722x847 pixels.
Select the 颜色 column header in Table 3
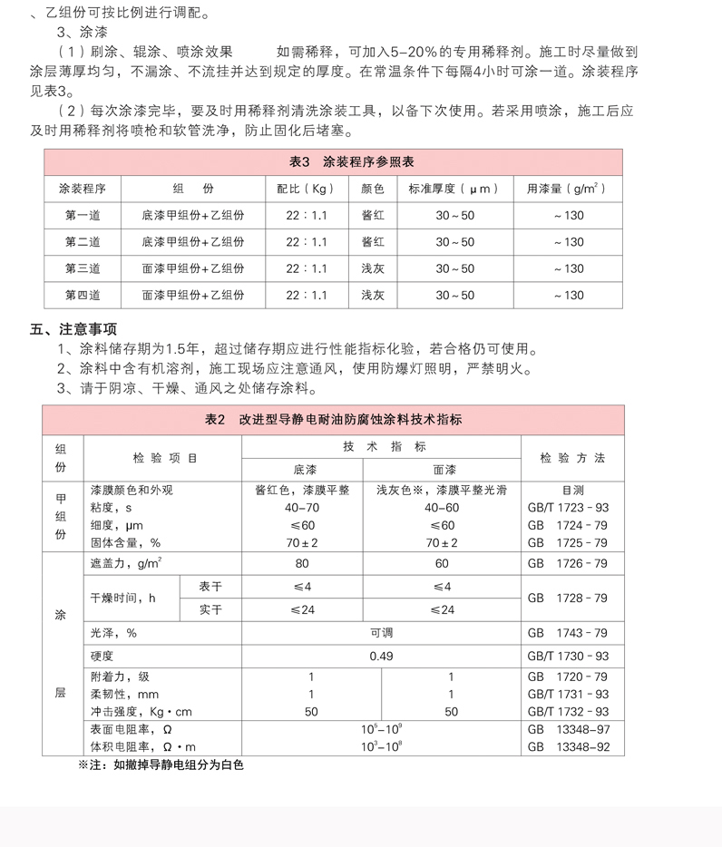pyautogui.click(x=373, y=190)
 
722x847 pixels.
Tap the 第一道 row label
pyautogui.click(x=83, y=216)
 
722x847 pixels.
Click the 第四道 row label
pyautogui.click(x=83, y=295)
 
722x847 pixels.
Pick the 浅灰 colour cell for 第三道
pyautogui.click(x=373, y=268)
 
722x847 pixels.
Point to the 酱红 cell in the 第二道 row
pyautogui.click(x=373, y=242)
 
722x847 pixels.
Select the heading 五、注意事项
pyautogui.click(x=73, y=329)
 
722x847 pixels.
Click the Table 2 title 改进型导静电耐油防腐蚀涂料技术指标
pyautogui.click(x=333, y=419)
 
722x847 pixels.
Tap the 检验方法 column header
pyautogui.click(x=572, y=458)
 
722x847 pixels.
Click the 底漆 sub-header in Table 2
pyautogui.click(x=301, y=470)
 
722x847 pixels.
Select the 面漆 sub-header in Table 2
pyautogui.click(x=442, y=470)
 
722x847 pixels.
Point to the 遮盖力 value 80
pyautogui.click(x=301, y=563)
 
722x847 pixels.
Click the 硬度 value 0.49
pyautogui.click(x=381, y=656)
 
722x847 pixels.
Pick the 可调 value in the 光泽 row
pyautogui.click(x=381, y=632)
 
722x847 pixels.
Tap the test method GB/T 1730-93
pyautogui.click(x=568, y=656)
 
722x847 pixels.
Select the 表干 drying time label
pyautogui.click(x=210, y=587)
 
